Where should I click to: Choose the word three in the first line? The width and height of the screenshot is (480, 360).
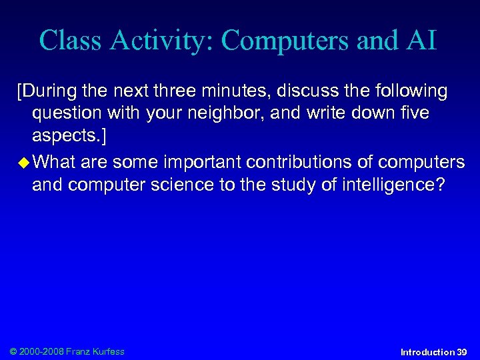click(178, 90)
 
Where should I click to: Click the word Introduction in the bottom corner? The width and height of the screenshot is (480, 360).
click(427, 351)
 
